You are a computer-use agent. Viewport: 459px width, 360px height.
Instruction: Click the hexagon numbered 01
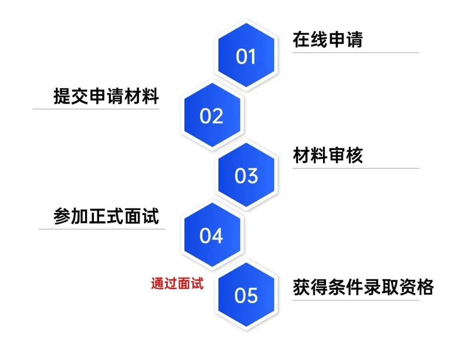246,56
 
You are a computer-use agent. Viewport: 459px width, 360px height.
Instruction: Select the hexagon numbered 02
212,116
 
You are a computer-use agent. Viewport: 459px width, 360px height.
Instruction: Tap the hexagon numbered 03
246,176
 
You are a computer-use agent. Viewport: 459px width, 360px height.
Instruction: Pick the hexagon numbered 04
212,235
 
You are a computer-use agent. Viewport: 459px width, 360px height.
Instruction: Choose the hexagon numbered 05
246,295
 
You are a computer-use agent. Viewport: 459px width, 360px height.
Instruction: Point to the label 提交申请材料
106,96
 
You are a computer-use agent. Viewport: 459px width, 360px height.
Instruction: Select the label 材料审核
328,156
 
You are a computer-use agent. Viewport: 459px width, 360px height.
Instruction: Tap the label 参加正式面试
106,216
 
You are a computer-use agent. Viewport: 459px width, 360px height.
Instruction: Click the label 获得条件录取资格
363,287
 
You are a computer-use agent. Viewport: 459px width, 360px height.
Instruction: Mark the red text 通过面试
177,283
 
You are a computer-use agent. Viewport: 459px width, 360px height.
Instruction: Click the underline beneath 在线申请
356,53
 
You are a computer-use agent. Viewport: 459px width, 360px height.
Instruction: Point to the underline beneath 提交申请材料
96,109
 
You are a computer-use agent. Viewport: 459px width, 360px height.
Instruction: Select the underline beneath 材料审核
356,168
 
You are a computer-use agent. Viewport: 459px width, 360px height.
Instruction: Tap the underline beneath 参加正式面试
102,230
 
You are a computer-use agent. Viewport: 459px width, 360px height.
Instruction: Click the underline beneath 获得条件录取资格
356,300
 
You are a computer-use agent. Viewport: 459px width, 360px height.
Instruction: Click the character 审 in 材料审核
337,156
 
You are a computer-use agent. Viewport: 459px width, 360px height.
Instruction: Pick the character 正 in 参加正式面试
106,216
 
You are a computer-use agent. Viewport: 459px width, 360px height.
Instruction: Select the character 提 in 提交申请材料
62,96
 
